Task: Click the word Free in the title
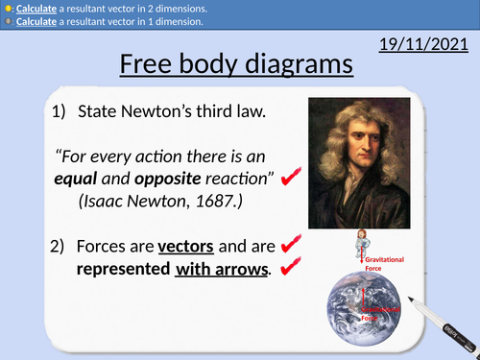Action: [x=156, y=64]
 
